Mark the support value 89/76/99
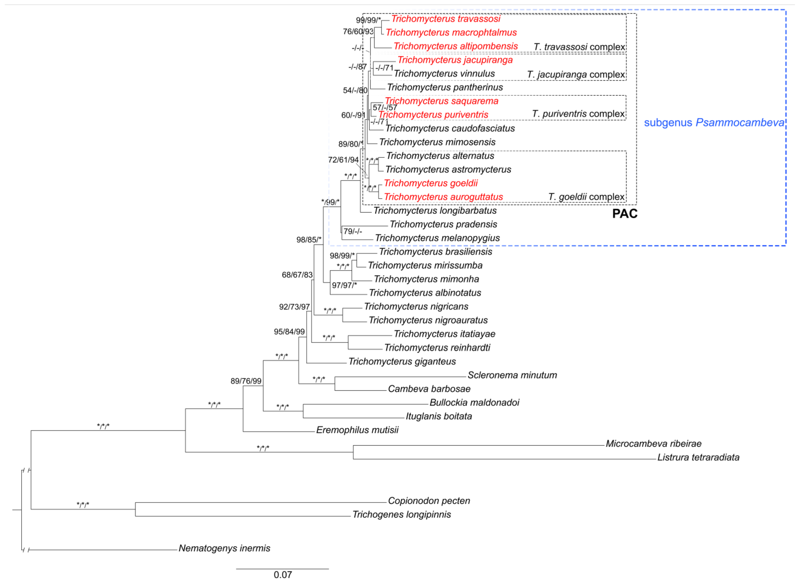click(246, 381)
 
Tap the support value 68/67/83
click(297, 275)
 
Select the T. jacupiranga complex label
click(576, 74)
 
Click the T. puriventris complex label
click(578, 114)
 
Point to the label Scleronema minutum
click(512, 375)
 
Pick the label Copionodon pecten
click(429, 500)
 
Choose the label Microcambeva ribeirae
click(653, 444)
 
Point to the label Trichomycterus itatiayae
click(444, 334)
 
